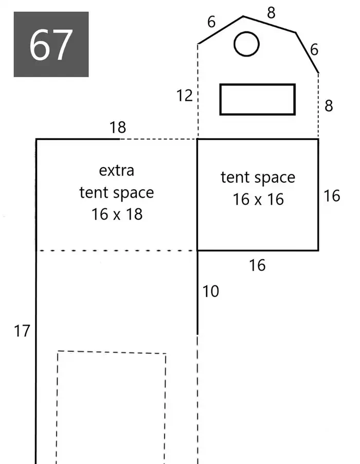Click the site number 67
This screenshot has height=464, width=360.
[51, 45]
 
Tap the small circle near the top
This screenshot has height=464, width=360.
[246, 32]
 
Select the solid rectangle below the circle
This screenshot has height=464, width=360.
[257, 85]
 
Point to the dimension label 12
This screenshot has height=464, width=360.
[184, 96]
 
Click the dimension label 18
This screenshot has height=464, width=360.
[118, 127]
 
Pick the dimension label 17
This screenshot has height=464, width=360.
[22, 331]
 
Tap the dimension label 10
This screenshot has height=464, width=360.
[211, 291]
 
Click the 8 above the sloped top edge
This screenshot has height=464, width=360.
[271, 13]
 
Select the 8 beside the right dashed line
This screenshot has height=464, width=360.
[329, 105]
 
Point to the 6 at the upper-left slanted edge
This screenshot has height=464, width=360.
[211, 22]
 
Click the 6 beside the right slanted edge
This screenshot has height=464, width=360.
[314, 49]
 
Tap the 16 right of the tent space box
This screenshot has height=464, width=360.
[332, 196]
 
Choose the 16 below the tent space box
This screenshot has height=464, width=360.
[257, 265]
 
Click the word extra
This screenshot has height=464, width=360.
[117, 170]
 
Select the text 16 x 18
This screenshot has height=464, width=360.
[117, 214]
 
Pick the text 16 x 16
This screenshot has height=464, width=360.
[258, 199]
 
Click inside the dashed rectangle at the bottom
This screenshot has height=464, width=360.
[111, 408]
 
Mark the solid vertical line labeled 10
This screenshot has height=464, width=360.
[197, 293]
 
